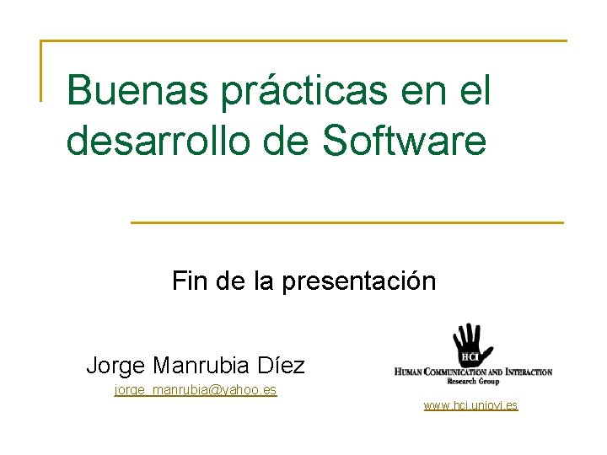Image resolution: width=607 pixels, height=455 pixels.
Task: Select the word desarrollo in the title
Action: (161, 141)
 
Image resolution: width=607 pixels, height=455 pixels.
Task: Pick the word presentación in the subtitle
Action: (359, 281)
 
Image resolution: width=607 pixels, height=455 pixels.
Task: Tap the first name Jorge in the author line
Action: (116, 366)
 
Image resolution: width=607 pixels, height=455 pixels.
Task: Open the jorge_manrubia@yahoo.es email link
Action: (196, 391)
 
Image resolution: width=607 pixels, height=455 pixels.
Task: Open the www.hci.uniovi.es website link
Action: (470, 406)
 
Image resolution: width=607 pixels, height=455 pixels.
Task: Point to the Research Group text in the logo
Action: (473, 381)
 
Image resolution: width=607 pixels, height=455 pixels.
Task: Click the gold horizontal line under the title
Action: (346, 222)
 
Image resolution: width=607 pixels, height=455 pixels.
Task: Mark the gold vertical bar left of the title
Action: (41, 71)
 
